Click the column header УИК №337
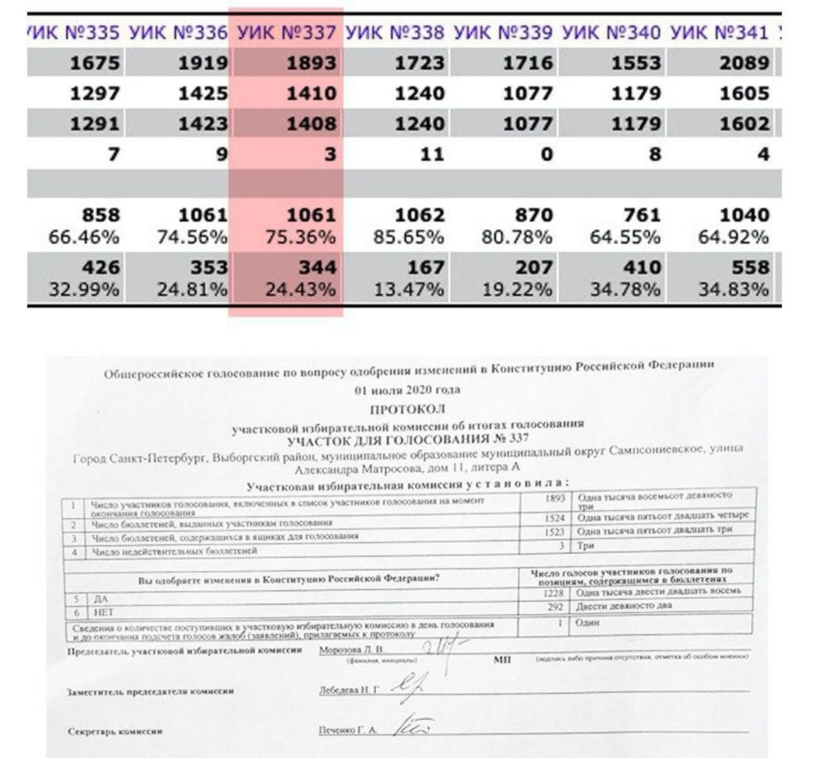pyautogui.click(x=287, y=32)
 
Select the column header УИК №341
pyautogui.click(x=719, y=32)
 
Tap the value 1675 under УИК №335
pyautogui.click(x=94, y=63)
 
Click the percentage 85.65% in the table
pyautogui.click(x=409, y=237)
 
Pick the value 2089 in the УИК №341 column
pyautogui.click(x=744, y=63)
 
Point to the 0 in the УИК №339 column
pyautogui.click(x=547, y=154)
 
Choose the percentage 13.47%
pyautogui.click(x=409, y=290)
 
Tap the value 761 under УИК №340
pyautogui.click(x=637, y=215)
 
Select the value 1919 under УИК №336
pyautogui.click(x=203, y=63)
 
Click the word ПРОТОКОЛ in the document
pyautogui.click(x=408, y=409)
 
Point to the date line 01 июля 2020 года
pyautogui.click(x=408, y=390)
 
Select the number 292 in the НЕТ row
pyautogui.click(x=556, y=607)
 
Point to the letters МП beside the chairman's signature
pyautogui.click(x=502, y=660)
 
